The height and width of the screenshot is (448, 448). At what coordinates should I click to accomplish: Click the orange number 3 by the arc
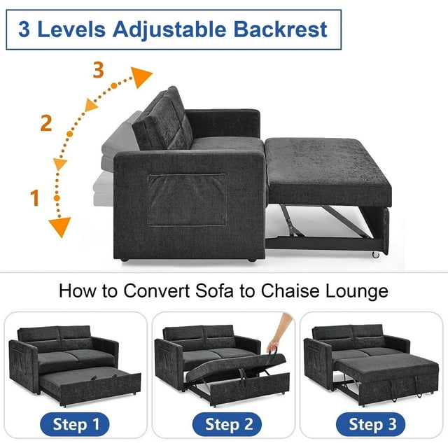(98, 70)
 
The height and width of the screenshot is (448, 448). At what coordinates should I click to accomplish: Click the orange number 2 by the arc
(46, 123)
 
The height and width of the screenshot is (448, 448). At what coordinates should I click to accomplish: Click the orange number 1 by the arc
(34, 197)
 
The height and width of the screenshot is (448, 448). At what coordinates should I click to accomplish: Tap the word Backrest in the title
(280, 29)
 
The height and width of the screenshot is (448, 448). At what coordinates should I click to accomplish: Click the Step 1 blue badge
(75, 424)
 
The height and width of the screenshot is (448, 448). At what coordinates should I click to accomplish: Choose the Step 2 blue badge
(227, 424)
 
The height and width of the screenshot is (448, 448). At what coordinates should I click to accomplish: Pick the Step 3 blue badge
(370, 424)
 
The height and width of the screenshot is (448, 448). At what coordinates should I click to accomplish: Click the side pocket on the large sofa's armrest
(187, 199)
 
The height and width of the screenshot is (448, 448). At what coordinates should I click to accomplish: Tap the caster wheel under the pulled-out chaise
(375, 255)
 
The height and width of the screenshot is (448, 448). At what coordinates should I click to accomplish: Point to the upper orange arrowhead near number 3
(141, 77)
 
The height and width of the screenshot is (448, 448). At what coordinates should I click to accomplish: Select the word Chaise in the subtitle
(290, 291)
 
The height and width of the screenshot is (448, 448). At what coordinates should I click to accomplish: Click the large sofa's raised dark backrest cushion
(162, 119)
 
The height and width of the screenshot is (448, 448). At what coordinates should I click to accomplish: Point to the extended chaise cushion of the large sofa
(328, 171)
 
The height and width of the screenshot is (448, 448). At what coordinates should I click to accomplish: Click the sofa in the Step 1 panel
(75, 365)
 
